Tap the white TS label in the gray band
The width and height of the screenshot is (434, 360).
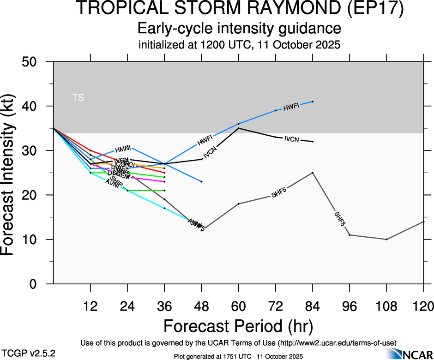[78, 97]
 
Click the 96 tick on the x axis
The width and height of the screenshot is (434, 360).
[350, 306]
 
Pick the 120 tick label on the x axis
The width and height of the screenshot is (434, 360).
[423, 306]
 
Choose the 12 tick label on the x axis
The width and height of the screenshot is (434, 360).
[90, 306]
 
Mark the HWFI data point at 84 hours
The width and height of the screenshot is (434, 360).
[313, 102]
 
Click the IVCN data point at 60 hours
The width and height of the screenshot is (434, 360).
[238, 128]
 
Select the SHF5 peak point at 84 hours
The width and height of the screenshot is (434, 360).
[313, 173]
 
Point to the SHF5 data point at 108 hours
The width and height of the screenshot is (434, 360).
[386, 239]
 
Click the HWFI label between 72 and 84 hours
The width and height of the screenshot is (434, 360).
[292, 107]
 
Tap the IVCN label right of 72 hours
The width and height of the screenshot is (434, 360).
[293, 139]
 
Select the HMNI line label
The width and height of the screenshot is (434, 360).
[123, 149]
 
